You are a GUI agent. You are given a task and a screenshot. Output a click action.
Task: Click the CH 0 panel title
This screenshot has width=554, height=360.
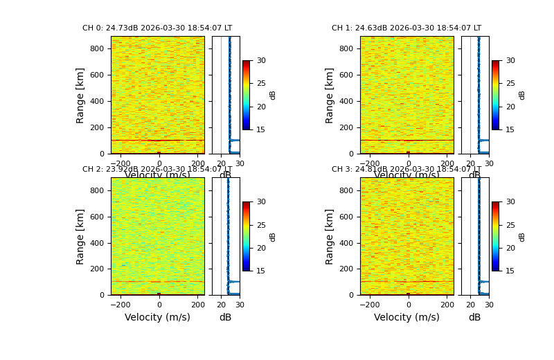[x=157, y=28]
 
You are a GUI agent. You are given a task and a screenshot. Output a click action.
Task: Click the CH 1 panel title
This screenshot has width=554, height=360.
[x=406, y=28]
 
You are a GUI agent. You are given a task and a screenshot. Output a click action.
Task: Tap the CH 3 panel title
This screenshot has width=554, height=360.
[x=406, y=170]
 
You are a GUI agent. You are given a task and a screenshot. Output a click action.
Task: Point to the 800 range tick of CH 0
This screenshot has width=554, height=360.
[x=96, y=49]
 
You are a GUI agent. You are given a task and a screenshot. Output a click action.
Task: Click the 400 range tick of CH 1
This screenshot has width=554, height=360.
[x=346, y=102]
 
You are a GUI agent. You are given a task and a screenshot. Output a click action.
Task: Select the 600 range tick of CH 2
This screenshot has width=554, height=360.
[x=96, y=217]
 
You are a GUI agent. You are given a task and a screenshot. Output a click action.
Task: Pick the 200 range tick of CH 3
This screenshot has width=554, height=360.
[x=346, y=269]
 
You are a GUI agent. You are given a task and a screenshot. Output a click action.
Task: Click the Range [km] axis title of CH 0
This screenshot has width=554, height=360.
[x=81, y=95]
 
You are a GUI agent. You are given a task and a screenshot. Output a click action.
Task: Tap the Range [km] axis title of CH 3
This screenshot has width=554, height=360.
[x=330, y=236]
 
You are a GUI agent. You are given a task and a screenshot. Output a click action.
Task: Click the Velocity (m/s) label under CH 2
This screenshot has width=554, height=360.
[x=157, y=318]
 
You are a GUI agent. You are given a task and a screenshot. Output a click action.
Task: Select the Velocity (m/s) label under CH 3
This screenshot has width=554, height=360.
[x=406, y=318]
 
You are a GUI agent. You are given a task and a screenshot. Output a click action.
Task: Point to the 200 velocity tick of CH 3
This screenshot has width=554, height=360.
[x=447, y=305]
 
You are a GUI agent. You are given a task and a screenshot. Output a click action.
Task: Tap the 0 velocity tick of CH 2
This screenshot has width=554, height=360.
[x=159, y=305]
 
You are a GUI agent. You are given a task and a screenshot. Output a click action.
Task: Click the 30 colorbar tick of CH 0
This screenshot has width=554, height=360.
[x=260, y=61]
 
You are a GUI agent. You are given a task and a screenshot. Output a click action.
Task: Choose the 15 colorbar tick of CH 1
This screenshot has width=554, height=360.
[x=510, y=129]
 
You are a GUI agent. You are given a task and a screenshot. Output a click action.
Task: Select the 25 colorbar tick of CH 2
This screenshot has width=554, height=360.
[x=260, y=225]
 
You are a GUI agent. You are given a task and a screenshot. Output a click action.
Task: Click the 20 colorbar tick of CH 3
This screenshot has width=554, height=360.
[x=510, y=248]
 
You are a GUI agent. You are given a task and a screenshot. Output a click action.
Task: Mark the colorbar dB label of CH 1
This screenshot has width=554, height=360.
[x=522, y=95]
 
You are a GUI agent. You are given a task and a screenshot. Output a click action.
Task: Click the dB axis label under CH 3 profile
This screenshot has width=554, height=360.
[x=474, y=318]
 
